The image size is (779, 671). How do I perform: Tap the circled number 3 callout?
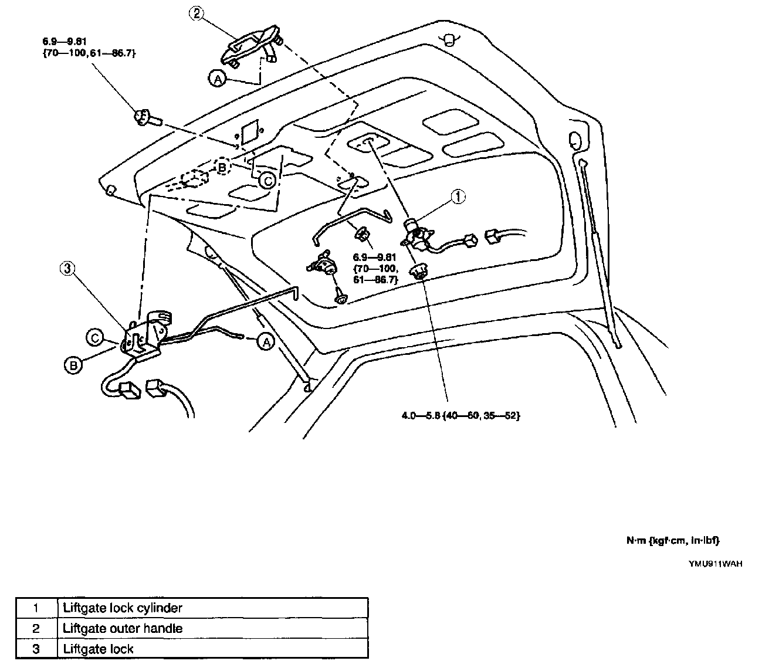coord(67,268)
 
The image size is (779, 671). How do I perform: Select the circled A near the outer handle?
coord(217,79)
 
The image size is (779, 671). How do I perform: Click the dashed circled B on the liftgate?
coord(222,167)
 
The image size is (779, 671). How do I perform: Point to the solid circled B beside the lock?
coord(72,365)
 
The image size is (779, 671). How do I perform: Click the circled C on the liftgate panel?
coord(267,181)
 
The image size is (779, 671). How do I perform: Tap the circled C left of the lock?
coord(94,337)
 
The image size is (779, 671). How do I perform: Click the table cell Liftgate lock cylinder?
coord(123,608)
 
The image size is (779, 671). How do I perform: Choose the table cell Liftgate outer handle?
coord(123,629)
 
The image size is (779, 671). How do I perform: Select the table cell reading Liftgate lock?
coord(98,649)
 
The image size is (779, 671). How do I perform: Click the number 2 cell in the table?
coord(36,629)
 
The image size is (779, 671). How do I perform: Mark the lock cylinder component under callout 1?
coord(418,234)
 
